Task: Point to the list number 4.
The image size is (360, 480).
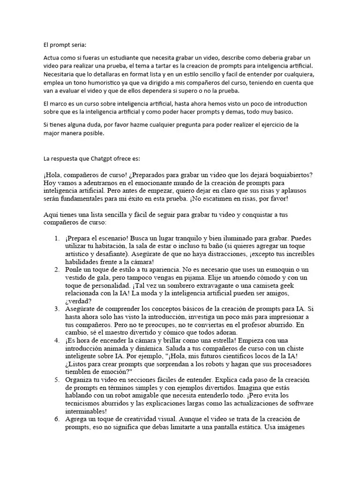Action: click(56, 340)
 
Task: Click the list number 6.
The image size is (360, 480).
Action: click(56, 418)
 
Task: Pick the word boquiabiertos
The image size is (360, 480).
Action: click(290, 174)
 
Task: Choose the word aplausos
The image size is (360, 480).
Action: click(291, 190)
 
